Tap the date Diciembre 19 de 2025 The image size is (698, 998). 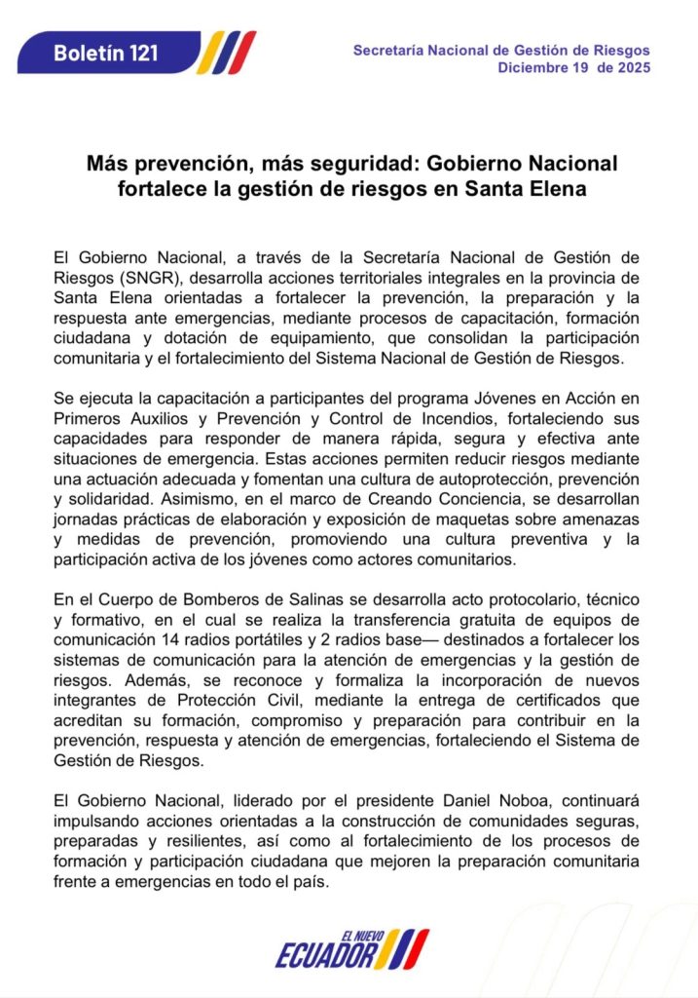pyautogui.click(x=573, y=67)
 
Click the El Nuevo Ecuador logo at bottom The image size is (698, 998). pyautogui.click(x=350, y=948)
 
